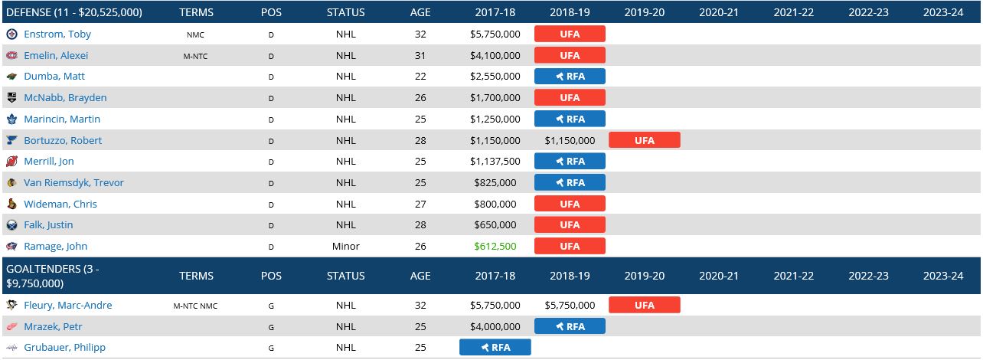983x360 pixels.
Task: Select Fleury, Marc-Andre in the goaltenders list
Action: tap(68, 305)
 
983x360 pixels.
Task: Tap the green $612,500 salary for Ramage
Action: tap(495, 246)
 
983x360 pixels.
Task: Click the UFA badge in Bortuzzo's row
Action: tap(645, 140)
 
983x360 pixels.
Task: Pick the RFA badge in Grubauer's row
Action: tap(495, 347)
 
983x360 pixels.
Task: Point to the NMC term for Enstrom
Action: tap(195, 34)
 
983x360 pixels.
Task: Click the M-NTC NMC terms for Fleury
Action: tap(195, 306)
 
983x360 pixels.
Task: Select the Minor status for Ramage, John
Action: tap(346, 246)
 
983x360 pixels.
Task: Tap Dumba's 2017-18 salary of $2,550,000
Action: tap(495, 77)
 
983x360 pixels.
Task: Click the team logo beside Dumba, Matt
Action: tap(11, 77)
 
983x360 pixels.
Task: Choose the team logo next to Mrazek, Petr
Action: tap(11, 326)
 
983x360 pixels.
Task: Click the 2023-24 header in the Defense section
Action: tap(943, 12)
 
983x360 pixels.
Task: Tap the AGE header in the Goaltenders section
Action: tap(420, 276)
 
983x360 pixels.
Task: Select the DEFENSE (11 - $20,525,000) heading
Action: tap(74, 12)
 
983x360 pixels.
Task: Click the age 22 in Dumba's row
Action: tap(420, 77)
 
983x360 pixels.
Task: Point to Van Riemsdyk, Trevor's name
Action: tap(73, 182)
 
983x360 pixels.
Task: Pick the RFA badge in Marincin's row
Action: tap(570, 119)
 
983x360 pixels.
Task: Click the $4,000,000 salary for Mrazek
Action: tap(495, 326)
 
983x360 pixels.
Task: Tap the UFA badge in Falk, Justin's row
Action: tap(570, 224)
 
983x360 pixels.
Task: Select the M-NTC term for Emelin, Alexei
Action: tap(195, 56)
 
